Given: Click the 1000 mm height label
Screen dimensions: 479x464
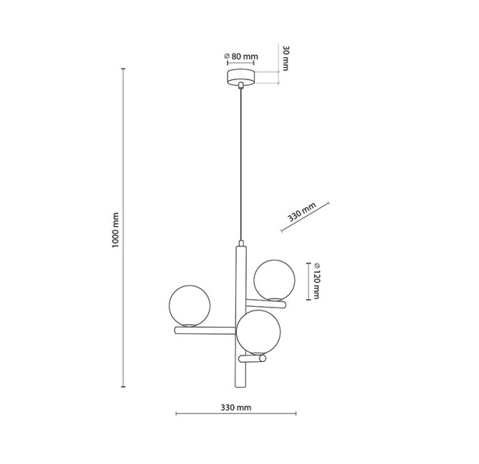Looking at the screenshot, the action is click(115, 230).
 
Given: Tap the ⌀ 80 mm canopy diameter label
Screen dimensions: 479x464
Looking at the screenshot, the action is click(241, 57).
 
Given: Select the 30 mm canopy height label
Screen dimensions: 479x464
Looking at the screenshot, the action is click(285, 58).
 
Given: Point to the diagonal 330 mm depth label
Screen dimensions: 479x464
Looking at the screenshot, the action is click(302, 212).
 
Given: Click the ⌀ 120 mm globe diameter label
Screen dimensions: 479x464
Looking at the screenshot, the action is click(316, 280).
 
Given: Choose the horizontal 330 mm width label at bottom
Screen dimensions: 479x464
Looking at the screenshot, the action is click(236, 407).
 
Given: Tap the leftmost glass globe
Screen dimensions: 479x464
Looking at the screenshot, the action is click(189, 306).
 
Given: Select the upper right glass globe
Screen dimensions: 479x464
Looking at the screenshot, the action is click(275, 280).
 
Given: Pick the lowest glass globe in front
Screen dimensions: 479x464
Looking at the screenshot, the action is click(258, 332).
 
